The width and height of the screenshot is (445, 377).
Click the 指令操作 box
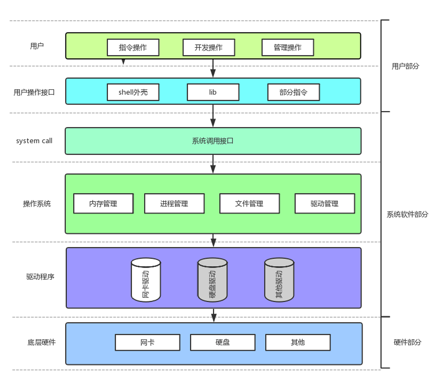pos(133,47)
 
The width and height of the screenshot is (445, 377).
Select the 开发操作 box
pos(209,47)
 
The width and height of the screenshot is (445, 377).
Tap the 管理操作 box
pos(288,47)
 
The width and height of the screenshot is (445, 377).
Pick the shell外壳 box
pos(133,92)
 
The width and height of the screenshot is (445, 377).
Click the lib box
pos(213,92)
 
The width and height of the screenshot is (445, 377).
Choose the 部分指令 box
pos(293,92)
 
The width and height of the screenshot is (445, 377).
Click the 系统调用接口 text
pos(213,141)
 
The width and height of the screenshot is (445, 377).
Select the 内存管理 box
pos(103,204)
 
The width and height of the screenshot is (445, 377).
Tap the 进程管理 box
pos(174,204)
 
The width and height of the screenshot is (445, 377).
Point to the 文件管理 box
pos(249,204)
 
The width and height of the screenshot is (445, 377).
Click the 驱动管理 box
pos(324,204)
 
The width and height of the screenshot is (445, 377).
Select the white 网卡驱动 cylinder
pos(146,280)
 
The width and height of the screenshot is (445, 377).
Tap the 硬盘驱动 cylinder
pos(213,280)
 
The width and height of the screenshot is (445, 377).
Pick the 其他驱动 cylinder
pos(279,280)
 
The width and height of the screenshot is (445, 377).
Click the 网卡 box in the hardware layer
pos(147,342)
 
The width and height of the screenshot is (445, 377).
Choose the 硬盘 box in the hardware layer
pos(222,342)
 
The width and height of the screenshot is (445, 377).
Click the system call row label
pos(34,141)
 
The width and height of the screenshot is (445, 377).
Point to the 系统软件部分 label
pos(407,214)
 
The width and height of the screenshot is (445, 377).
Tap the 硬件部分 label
pos(407,342)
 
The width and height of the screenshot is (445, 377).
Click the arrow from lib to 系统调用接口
pos(213,116)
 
